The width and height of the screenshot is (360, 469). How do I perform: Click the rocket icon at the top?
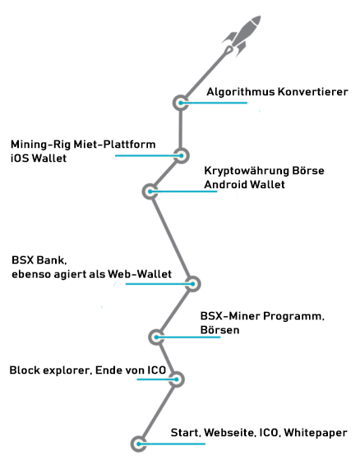point(242,35)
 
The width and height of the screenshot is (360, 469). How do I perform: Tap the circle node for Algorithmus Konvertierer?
point(181,103)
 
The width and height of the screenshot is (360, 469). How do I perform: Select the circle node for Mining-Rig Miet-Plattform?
point(181,155)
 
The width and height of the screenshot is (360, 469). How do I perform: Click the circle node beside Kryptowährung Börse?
point(150,191)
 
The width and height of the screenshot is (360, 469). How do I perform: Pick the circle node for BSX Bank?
point(192,284)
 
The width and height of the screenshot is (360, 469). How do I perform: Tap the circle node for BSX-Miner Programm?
point(156,337)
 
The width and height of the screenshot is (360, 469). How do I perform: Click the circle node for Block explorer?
point(177,379)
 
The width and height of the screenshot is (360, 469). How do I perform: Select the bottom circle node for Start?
point(139,444)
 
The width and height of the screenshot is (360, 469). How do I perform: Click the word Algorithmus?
point(241,92)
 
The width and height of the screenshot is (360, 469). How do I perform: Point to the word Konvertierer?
point(313,91)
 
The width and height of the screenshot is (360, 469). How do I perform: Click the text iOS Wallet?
point(39,158)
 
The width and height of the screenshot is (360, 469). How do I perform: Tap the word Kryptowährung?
point(247,172)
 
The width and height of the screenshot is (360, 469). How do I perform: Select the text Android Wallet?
point(244,184)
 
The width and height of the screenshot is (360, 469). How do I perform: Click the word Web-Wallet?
point(140,274)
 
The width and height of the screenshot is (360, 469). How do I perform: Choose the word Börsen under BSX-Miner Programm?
point(220,329)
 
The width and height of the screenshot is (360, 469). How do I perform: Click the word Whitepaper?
point(316,433)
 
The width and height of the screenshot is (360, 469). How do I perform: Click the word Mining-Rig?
point(41,145)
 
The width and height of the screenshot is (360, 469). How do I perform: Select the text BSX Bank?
point(39,260)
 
